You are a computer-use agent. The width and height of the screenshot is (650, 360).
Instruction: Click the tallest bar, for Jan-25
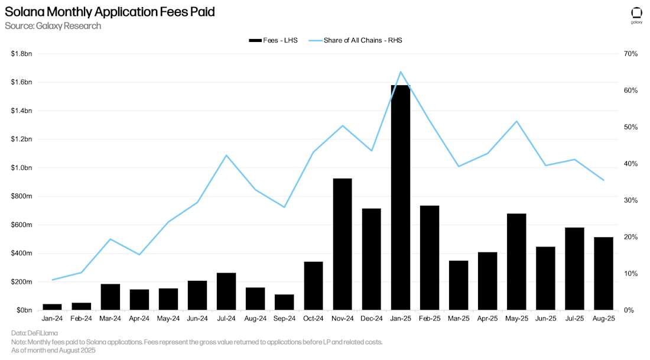click(400, 198)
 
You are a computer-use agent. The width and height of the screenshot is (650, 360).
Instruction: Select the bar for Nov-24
click(342, 244)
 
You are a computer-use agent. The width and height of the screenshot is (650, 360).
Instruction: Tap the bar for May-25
click(516, 262)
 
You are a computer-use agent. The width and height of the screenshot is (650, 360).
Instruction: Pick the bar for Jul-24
click(226, 291)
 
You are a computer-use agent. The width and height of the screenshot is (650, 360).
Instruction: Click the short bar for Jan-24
click(52, 307)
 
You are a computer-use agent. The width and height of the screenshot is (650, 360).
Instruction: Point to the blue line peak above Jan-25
click(401, 72)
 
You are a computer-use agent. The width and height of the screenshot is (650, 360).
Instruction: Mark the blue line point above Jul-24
click(226, 155)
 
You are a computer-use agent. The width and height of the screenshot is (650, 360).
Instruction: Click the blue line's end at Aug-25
click(603, 180)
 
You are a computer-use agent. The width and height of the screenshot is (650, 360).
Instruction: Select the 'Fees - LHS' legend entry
click(273, 40)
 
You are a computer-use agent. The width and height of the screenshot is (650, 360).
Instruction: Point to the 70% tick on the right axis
click(630, 54)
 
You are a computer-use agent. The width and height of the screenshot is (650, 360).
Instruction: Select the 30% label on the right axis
click(630, 200)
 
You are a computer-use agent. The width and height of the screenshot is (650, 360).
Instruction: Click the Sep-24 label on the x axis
click(284, 318)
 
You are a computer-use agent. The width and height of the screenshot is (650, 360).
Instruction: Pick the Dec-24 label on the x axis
click(371, 318)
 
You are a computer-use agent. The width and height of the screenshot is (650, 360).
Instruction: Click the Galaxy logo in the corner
click(636, 15)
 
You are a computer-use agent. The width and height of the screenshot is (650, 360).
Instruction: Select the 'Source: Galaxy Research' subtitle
click(53, 26)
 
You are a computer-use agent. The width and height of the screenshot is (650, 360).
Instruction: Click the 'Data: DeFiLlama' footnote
click(34, 333)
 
